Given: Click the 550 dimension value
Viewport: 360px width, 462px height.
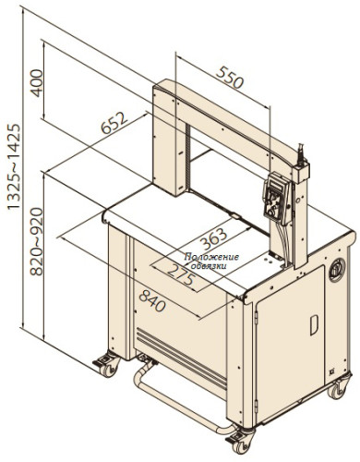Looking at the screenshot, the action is point(230,78).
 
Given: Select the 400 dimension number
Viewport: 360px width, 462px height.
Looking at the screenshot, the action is point(37,83).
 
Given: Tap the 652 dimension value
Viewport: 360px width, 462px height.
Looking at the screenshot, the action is point(114,123).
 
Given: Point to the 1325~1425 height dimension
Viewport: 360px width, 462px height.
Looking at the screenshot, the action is point(14,167).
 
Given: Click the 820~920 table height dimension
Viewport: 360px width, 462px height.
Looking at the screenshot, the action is point(37,241).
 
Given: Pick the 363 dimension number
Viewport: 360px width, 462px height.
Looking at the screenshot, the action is point(213,239).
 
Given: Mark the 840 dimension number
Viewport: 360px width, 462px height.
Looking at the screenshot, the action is point(152,301).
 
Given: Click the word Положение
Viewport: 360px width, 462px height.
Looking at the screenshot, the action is point(211,257).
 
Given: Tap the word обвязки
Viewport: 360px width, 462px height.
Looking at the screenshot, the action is point(209,265).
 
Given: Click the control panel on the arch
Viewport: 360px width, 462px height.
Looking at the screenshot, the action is point(276,197).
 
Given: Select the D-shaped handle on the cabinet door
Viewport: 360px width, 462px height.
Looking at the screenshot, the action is point(314,325).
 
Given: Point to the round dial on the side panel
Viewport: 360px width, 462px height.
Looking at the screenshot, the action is point(337,270).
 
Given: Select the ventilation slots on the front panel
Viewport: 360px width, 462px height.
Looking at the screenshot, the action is point(182,359).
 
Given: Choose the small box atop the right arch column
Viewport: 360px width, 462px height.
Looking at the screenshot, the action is point(301,173).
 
